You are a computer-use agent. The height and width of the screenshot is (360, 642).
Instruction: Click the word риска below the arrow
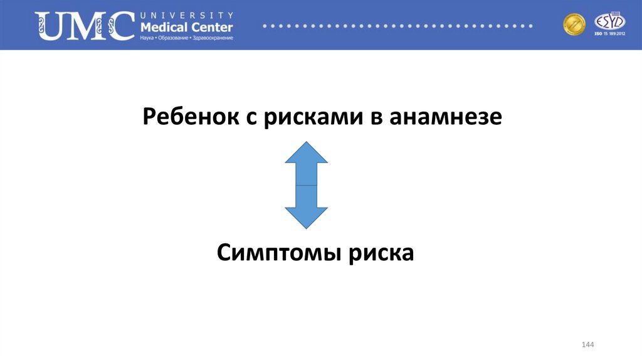pos(382,253)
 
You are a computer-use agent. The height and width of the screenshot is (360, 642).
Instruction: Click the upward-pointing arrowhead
pos(306,154)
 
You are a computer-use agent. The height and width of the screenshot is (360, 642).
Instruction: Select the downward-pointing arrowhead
pos(306,217)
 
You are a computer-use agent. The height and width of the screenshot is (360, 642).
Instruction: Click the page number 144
pos(587,346)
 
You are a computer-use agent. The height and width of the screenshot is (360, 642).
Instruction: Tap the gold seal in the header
pos(574,24)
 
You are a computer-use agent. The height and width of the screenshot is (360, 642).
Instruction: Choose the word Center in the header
pos(212,27)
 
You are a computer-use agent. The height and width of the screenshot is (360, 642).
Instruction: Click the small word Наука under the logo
pos(148,38)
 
